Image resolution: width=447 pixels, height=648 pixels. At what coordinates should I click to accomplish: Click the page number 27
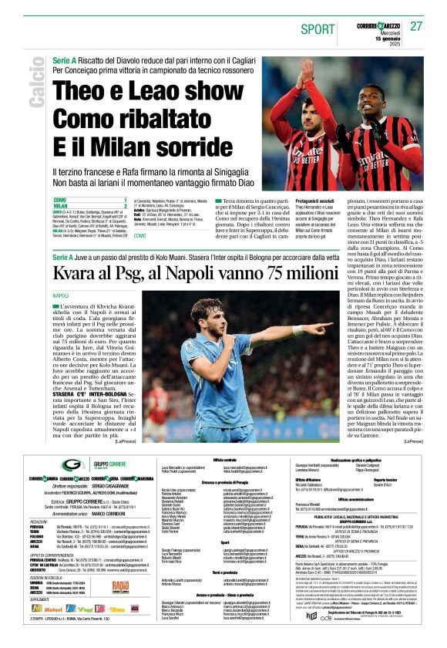[416, 26]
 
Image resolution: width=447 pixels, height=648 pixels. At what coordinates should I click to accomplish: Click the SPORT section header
[318, 29]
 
